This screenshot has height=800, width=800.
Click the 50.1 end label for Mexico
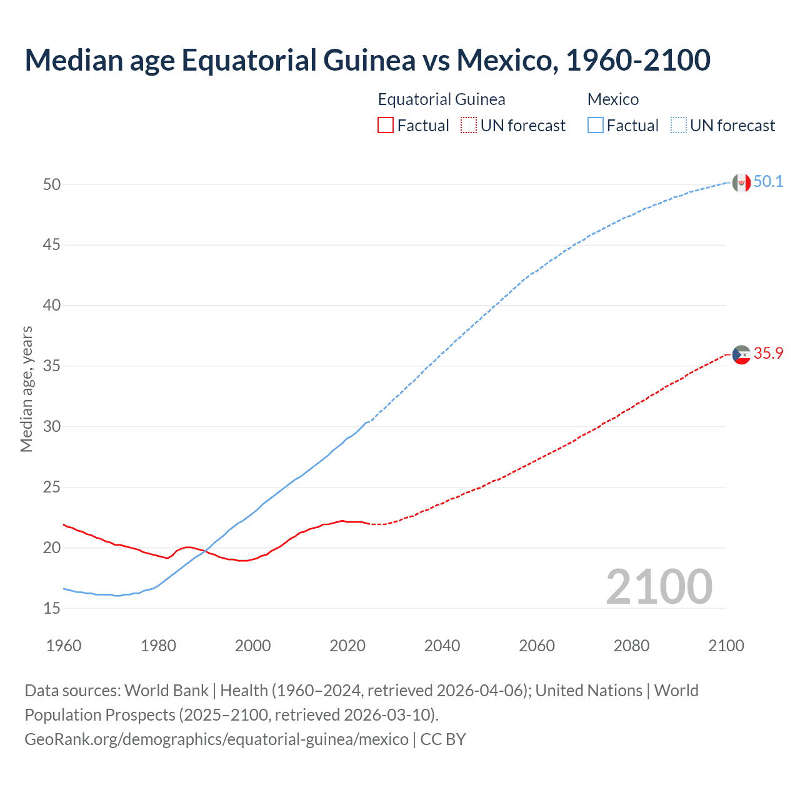(x=768, y=182)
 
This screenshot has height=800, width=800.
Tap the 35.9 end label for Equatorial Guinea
(x=768, y=354)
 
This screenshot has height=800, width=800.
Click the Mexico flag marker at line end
(x=741, y=182)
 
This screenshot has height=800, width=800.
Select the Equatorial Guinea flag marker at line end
(x=741, y=354)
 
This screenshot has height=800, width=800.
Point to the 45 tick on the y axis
(x=52, y=245)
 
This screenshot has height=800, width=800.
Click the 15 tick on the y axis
(x=52, y=608)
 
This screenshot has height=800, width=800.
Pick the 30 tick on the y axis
(x=52, y=427)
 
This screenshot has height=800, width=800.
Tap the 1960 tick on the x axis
(x=64, y=646)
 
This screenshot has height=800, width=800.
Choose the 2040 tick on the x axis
(x=442, y=646)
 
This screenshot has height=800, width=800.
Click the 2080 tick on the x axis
(x=631, y=646)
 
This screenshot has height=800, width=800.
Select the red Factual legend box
(x=386, y=126)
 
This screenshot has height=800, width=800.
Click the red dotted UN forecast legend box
(x=469, y=126)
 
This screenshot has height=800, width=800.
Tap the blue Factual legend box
(x=595, y=126)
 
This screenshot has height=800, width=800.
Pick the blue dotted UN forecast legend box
(x=678, y=126)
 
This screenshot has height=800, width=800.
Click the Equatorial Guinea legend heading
(x=441, y=99)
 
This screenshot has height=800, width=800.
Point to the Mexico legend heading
(x=612, y=99)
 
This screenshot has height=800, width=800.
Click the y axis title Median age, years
(x=26, y=389)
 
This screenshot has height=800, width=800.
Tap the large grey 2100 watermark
(x=659, y=586)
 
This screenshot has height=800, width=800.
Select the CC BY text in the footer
(x=443, y=739)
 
